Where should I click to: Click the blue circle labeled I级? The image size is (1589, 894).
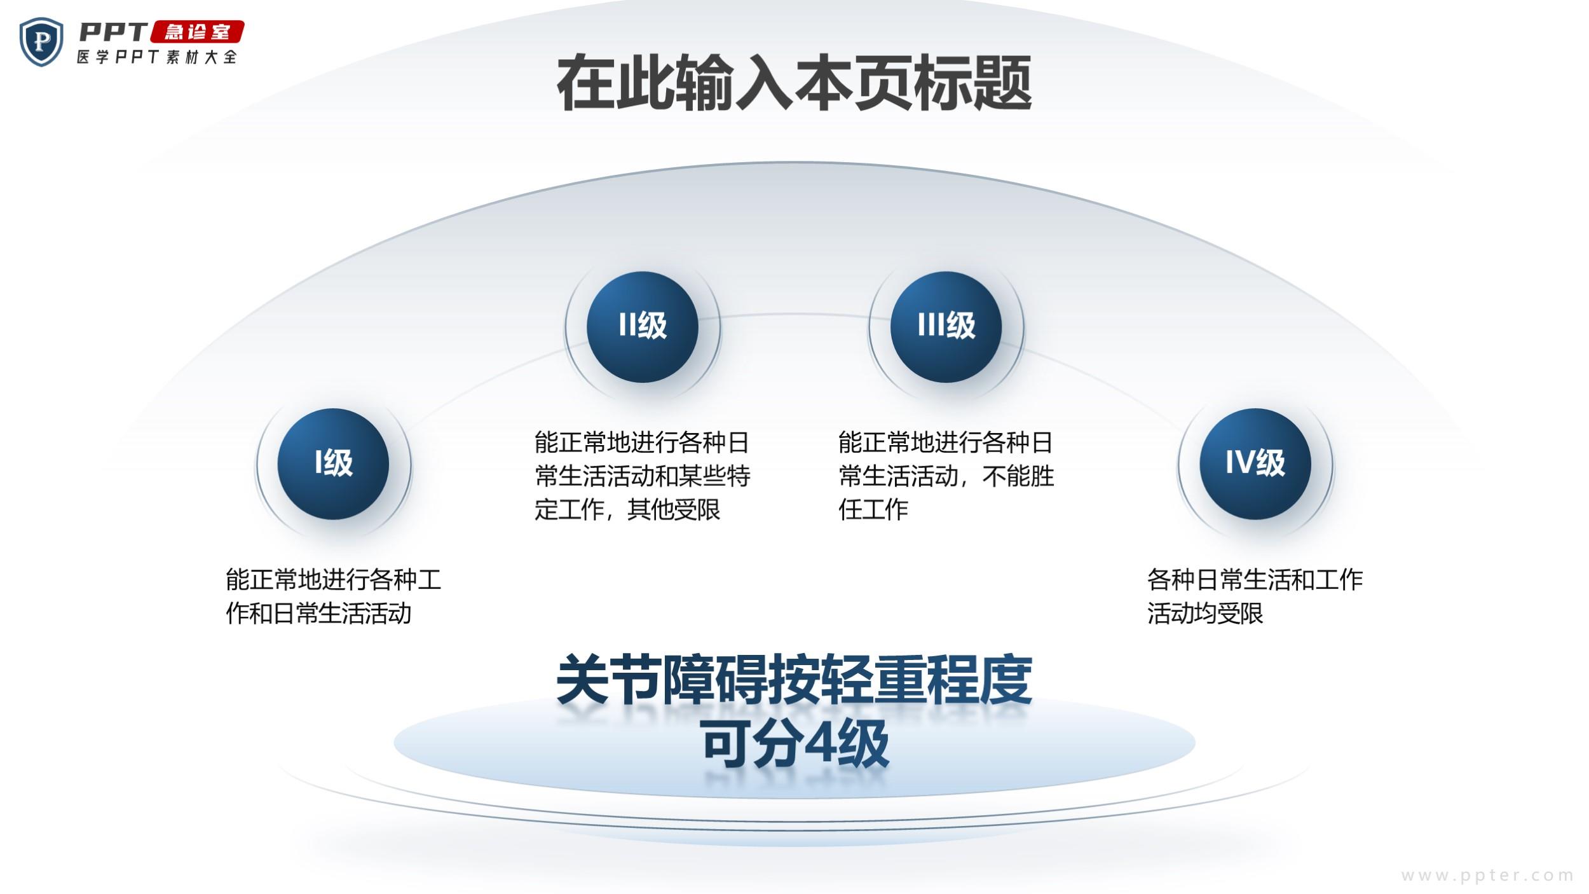(333, 464)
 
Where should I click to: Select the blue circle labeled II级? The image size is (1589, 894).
(642, 327)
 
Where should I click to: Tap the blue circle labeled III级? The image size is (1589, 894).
(946, 327)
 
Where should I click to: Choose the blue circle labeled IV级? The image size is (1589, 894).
(1255, 464)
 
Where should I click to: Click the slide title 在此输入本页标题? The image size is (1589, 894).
(794, 83)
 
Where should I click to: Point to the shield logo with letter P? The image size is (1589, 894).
(41, 42)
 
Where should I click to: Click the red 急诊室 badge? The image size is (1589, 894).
(198, 32)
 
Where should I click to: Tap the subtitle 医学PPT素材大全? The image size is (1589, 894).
(157, 57)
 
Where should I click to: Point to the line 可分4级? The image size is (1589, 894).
(795, 743)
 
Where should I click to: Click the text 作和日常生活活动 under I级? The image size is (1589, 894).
(319, 614)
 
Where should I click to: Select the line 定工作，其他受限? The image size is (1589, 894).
(627, 509)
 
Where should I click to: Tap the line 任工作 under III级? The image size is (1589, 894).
(873, 509)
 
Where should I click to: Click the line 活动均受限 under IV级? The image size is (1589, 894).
(1205, 614)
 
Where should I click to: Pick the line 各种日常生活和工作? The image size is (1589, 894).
(1255, 580)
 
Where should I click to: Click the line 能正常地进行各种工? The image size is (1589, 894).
(334, 580)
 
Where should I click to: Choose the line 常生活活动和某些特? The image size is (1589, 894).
(643, 476)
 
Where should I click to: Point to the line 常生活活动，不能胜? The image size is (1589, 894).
(946, 476)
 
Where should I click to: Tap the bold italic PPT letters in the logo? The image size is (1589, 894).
(113, 31)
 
